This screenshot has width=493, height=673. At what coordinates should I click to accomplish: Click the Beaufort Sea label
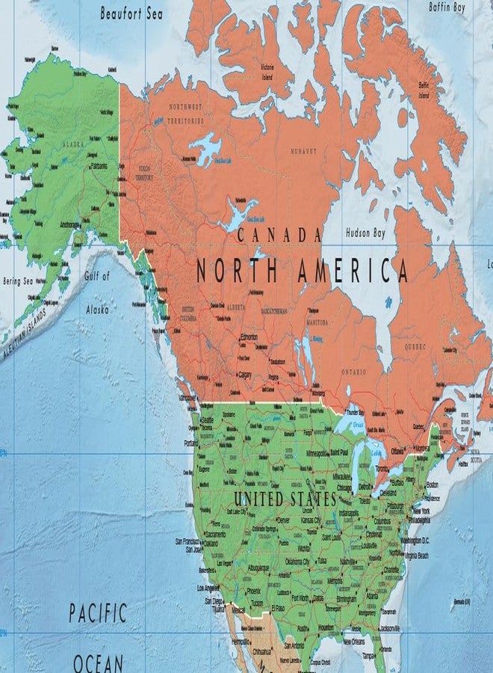point(131,13)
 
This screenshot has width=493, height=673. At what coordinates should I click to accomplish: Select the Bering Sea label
point(19,282)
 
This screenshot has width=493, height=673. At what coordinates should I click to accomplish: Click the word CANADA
point(279,235)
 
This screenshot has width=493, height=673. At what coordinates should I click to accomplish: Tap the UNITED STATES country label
point(285,498)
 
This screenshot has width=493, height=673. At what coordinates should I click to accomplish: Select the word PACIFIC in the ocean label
point(99,615)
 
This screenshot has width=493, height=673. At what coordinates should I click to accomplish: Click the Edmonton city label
point(249,337)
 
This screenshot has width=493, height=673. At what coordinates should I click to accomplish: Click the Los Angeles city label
point(208,588)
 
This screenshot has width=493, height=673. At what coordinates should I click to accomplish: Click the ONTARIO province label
point(353,372)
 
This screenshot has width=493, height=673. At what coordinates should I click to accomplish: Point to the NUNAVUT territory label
point(303,151)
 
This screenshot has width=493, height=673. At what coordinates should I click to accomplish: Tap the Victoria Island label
point(267,70)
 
